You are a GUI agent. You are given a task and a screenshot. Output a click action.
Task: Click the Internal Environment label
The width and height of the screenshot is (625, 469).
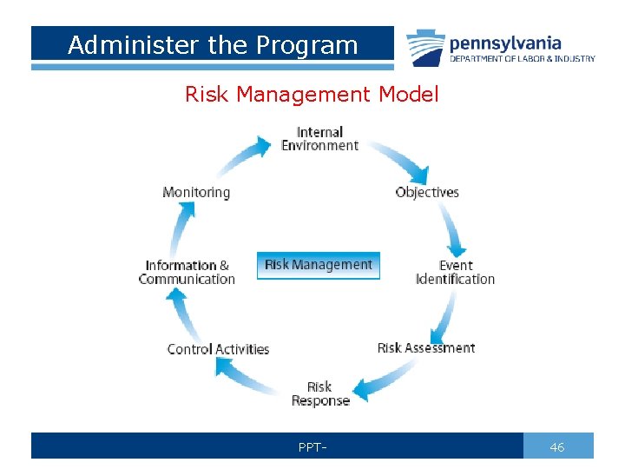click(319, 139)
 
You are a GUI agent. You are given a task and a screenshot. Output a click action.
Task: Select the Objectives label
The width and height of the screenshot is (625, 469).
click(426, 192)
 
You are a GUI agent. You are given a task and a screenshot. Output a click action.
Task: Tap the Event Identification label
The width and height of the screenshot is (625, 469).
click(455, 272)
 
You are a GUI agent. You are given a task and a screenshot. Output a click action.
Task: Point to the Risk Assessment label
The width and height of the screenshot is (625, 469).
click(425, 347)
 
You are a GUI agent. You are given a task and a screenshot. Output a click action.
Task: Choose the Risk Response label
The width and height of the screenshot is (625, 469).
click(319, 393)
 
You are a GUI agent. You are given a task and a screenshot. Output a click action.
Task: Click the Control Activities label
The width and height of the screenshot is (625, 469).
click(218, 349)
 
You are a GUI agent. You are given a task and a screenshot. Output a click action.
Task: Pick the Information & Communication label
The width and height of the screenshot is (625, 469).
click(187, 272)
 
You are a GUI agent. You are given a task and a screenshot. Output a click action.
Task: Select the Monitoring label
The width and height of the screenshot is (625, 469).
click(196, 192)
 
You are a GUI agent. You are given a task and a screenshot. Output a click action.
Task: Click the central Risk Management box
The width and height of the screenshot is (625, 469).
click(319, 265)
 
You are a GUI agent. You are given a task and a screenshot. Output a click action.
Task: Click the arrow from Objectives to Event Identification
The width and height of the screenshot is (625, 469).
click(455, 228)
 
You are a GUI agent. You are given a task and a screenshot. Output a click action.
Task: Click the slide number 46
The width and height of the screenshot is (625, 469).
click(557, 446)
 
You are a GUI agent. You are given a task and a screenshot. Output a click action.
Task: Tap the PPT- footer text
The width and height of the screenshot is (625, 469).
click(312, 447)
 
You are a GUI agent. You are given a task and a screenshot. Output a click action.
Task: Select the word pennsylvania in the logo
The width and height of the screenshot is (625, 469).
click(505, 43)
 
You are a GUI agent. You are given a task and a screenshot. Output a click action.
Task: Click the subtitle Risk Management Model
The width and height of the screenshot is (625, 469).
click(312, 94)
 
